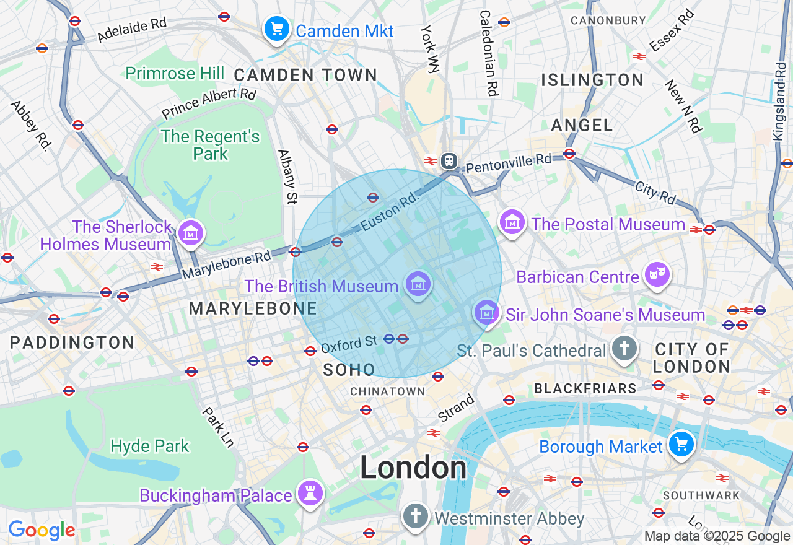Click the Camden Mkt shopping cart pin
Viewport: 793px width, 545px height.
(277, 28)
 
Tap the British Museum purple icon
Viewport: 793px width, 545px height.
(418, 285)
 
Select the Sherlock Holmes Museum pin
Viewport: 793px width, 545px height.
(191, 233)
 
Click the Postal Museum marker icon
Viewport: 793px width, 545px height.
(513, 221)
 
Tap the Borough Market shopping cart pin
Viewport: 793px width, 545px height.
(681, 444)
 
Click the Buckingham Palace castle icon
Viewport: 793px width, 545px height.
(309, 494)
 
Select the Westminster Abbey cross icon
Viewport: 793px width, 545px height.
(416, 515)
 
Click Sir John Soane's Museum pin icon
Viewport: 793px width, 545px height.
(487, 313)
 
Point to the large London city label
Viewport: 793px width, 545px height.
(413, 468)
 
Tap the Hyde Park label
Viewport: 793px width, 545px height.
(149, 446)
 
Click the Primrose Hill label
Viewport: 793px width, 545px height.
(175, 74)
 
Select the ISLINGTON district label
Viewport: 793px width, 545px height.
(593, 80)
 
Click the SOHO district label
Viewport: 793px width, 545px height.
(349, 370)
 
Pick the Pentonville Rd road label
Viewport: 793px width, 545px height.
(508, 163)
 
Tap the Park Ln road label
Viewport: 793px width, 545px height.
(217, 427)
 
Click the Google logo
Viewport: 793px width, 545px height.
(42, 530)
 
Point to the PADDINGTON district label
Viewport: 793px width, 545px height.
(72, 342)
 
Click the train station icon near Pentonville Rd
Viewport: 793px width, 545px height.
(449, 161)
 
